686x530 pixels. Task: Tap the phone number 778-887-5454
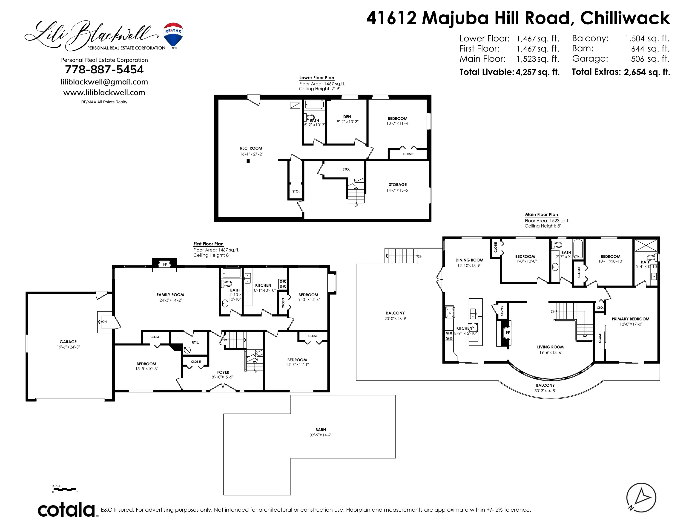[104, 69]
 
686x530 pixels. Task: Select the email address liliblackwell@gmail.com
[104, 82]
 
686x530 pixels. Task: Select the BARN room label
[321, 429]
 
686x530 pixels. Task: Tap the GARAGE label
[68, 342]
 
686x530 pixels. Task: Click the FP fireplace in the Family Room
[165, 265]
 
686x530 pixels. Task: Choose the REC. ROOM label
[251, 148]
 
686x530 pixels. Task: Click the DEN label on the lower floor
[347, 117]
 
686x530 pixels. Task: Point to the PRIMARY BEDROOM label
[630, 319]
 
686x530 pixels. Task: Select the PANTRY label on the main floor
[502, 311]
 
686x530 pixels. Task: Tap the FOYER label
[223, 372]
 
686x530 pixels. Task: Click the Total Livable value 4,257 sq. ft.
[537, 72]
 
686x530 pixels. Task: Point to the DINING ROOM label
[469, 260]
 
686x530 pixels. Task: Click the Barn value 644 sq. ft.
[650, 49]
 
